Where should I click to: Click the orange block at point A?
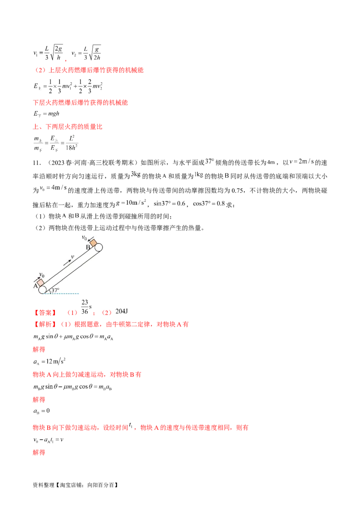pyautogui.click(x=40, y=282)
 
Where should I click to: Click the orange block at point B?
pyautogui.click(x=93, y=242)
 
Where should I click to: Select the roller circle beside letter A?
pyautogui.click(x=43, y=290)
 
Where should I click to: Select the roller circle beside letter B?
pyautogui.click(x=99, y=247)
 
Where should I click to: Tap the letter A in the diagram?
pyautogui.click(x=35, y=286)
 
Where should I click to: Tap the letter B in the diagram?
pyautogui.click(x=88, y=247)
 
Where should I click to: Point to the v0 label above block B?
pyautogui.click(x=84, y=237)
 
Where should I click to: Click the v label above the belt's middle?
pyautogui.click(x=72, y=257)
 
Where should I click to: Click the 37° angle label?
pyautogui.click(x=55, y=290)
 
